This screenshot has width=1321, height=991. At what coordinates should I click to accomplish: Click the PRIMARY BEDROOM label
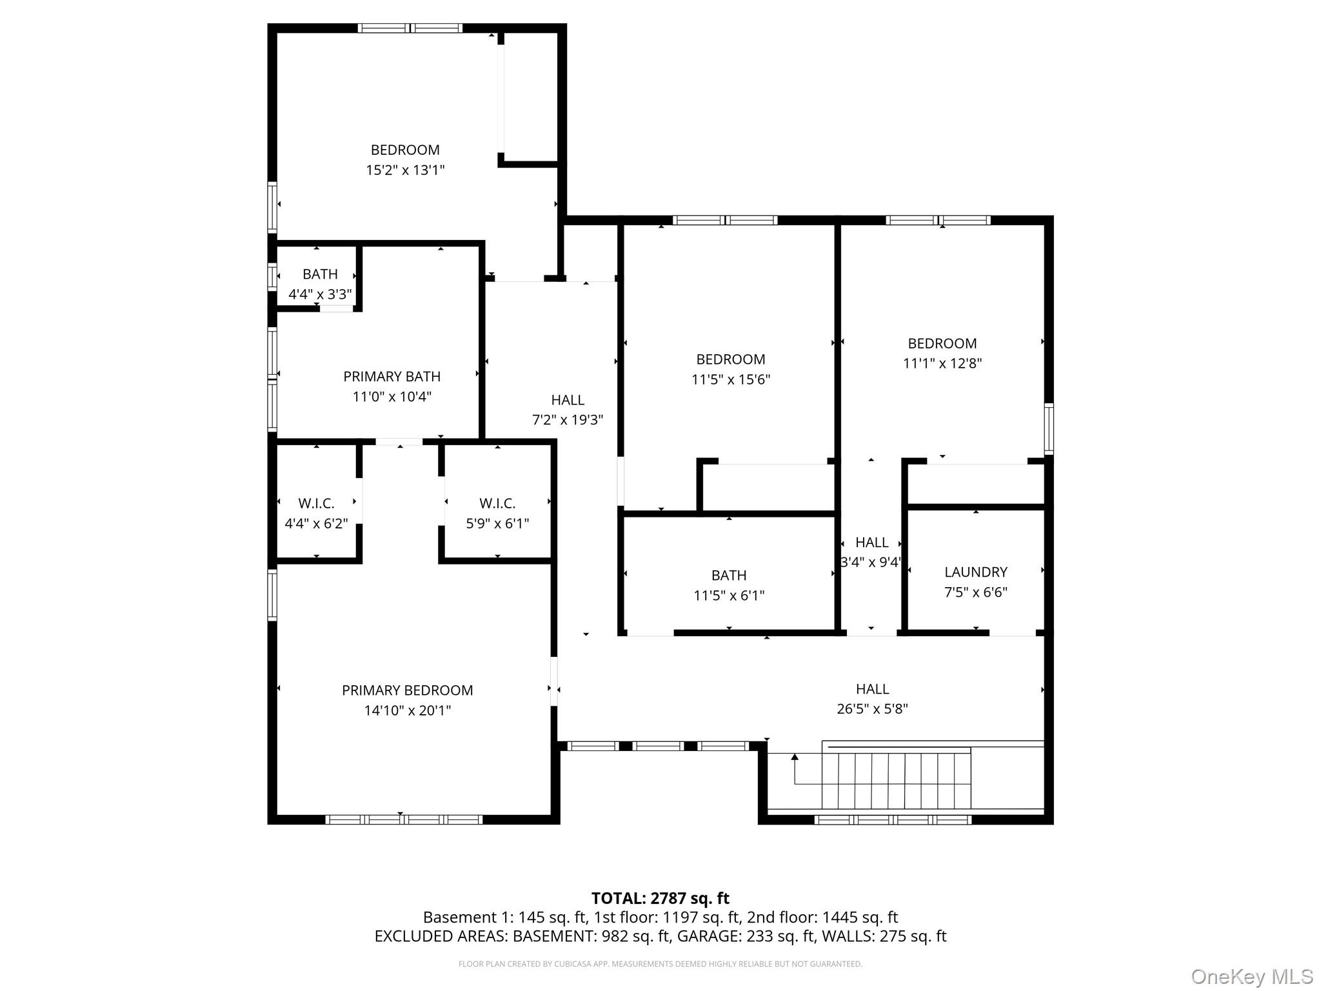(407, 690)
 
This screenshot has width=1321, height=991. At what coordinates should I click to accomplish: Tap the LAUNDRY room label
(975, 572)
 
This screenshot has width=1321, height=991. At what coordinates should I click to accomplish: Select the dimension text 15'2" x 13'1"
(405, 170)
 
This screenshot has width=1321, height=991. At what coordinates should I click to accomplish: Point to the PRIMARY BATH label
(392, 376)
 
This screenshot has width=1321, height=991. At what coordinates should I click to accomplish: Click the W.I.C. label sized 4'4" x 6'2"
(316, 503)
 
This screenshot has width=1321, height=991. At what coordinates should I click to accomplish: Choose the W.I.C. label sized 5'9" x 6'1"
(497, 503)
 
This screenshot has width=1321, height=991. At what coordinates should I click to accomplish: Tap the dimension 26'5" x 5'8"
(872, 709)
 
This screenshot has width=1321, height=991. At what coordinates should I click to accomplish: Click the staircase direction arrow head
(795, 757)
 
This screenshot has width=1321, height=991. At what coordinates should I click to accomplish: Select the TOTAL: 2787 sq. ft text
(660, 898)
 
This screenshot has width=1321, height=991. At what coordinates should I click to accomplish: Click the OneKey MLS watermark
(1251, 977)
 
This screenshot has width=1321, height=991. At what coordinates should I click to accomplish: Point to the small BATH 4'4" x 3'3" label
(320, 274)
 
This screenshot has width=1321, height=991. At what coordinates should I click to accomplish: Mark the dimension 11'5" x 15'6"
(730, 379)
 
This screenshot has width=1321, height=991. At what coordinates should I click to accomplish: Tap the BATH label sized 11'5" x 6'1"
(729, 575)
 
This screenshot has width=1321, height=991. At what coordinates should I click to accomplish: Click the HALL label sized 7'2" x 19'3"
(568, 400)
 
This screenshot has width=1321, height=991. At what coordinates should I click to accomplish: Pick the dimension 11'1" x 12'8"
(942, 363)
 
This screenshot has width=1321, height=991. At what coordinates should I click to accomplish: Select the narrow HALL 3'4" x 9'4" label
(871, 543)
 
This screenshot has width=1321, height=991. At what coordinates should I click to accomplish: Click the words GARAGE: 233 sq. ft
(745, 936)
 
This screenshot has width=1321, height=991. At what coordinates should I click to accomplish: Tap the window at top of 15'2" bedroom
(410, 28)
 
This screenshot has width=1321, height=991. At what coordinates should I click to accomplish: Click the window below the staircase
(892, 820)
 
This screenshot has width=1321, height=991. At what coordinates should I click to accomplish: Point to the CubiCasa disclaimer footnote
(660, 964)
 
